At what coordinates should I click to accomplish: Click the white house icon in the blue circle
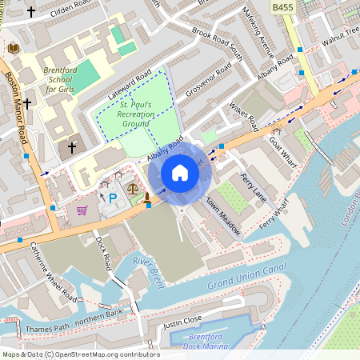tap(180, 173)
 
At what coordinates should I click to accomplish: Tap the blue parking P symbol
tap(113, 197)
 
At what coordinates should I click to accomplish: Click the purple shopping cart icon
tap(82, 210)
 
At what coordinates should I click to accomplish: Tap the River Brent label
tap(146, 270)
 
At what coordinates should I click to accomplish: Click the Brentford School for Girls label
tap(61, 79)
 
